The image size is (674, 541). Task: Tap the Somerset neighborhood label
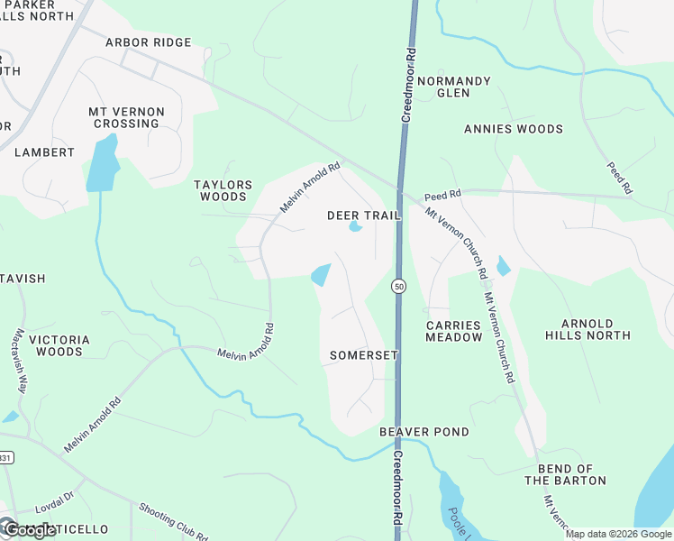click(363, 355)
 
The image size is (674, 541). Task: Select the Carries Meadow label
click(454, 330)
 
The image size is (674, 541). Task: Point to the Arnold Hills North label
click(587, 329)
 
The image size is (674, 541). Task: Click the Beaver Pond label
click(424, 432)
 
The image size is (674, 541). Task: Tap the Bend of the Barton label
click(571, 474)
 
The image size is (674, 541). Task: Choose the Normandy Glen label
click(453, 87)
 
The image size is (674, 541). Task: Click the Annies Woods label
click(513, 129)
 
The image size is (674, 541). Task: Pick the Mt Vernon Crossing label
click(126, 118)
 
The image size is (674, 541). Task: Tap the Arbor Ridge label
click(148, 42)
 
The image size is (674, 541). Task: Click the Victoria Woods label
click(59, 345)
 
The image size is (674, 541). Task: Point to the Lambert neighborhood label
click(44, 152)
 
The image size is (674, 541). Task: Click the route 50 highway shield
click(397, 286)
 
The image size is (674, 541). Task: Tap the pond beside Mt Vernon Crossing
click(102, 164)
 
